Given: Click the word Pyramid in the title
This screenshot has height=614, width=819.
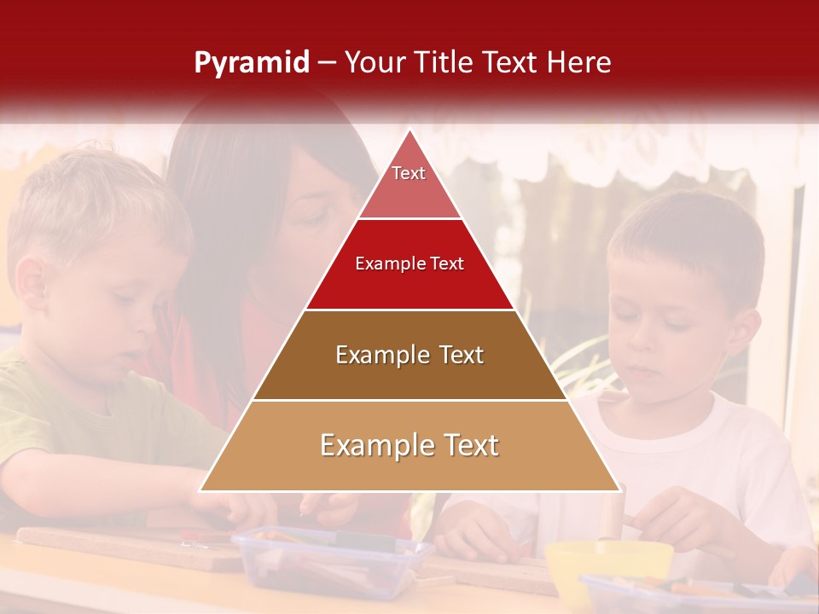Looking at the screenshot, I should [x=252, y=63].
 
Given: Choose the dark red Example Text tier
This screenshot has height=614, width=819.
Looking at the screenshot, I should [x=409, y=264].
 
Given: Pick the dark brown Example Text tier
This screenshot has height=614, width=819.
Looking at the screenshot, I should [x=409, y=356].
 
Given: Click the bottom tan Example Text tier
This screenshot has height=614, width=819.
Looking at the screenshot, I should [x=409, y=446].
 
